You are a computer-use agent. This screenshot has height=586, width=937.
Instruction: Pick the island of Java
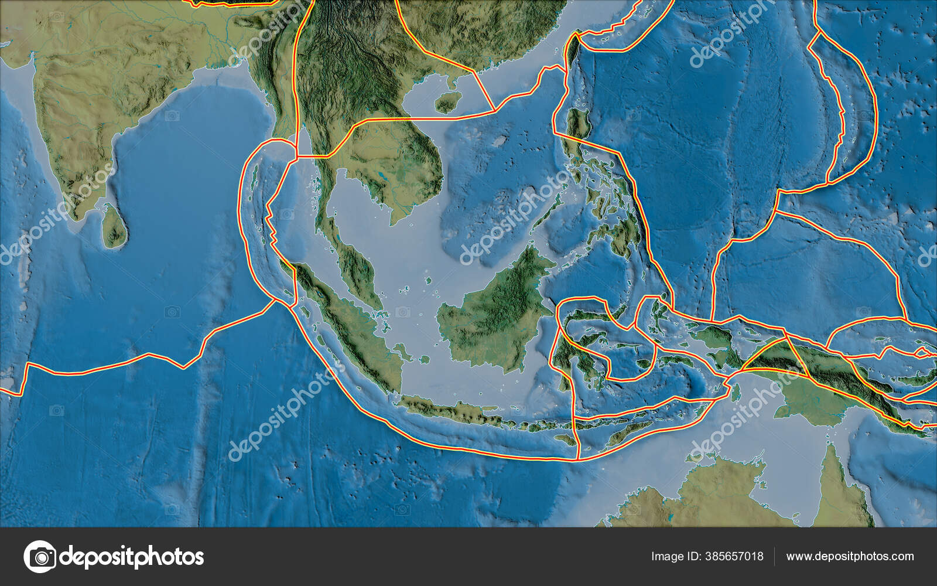[x=451, y=410]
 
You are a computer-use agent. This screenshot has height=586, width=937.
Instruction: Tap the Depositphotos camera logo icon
[x=40, y=557]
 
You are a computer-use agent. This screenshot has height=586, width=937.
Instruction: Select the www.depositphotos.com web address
[x=850, y=557]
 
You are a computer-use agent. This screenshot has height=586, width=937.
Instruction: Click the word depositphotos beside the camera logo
[x=132, y=557]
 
